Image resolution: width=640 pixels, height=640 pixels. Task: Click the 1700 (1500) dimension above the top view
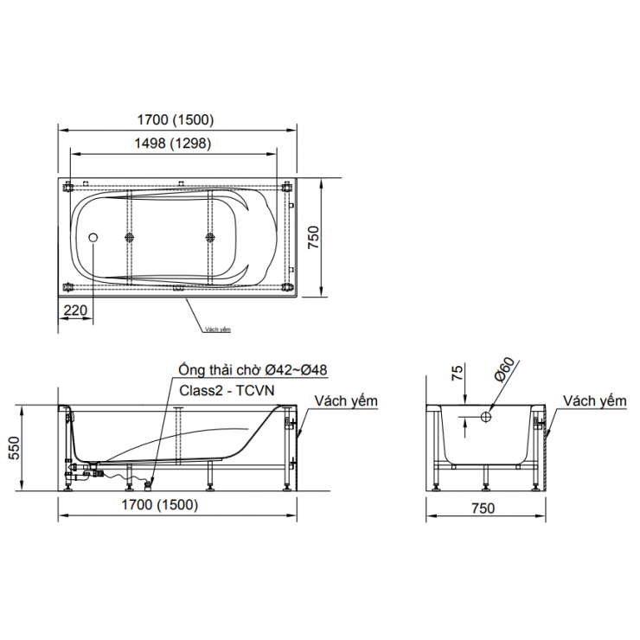[178, 120]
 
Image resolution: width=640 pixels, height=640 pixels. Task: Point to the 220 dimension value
[76, 309]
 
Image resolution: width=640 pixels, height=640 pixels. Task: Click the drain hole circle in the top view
[94, 237]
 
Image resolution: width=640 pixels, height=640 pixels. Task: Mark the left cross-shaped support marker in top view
[130, 237]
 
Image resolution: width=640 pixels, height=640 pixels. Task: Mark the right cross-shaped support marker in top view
[209, 237]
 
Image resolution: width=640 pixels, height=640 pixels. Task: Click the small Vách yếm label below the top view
[218, 330]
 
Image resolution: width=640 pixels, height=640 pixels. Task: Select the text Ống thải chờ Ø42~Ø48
[253, 370]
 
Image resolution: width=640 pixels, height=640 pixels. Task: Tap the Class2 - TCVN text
[226, 390]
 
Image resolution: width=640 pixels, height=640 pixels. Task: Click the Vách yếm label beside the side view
[346, 401]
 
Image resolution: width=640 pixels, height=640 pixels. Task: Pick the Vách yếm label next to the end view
[594, 401]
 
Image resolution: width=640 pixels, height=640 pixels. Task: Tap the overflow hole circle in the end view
[486, 417]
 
